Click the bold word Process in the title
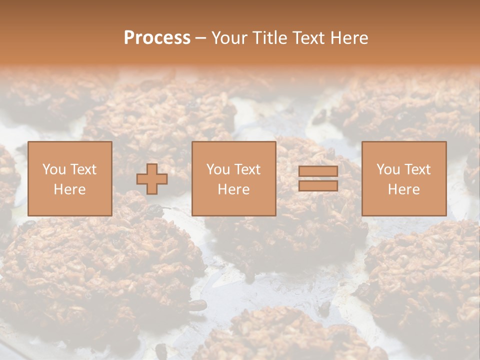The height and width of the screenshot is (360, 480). coord(157,38)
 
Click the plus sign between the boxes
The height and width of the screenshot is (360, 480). coord(152,179)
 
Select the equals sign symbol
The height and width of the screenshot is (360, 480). coord(318,178)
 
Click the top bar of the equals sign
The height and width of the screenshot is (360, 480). coord(318,171)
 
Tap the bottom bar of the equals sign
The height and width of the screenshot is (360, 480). coord(318,186)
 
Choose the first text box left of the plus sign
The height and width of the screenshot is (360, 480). coord(70,178)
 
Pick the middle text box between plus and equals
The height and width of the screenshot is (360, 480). coord(234,178)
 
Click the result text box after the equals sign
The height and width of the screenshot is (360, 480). coord(404,178)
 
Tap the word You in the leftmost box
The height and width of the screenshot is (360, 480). coord(54,169)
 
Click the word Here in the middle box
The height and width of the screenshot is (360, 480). coord(234,189)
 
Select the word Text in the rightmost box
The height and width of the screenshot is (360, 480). coord(417,169)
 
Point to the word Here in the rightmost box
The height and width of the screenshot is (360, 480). coord(404,189)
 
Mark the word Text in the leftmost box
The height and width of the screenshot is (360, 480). coord(83,169)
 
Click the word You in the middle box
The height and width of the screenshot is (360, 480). coord(218,169)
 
